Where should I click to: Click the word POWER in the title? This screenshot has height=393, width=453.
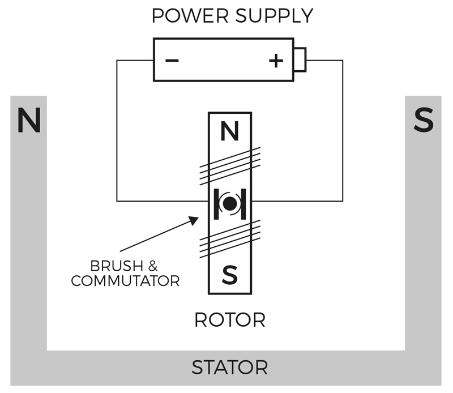pos(187,16)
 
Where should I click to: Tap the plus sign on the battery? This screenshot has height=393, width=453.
pos(275,60)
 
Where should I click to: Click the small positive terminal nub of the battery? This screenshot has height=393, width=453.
pos(300,60)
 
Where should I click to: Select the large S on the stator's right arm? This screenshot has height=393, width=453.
pos(424,120)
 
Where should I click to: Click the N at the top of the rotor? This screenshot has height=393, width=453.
pos(229,133)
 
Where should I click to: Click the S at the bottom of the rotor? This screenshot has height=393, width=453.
pos(229,275)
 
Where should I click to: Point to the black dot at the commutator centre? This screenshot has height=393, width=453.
pos(229,204)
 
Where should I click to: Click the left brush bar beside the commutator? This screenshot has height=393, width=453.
pos(216,204)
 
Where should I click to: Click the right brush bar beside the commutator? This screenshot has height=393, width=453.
pos(243,204)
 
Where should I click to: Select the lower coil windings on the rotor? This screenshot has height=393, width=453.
pos(230,238)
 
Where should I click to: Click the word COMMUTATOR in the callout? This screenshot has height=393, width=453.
pos(125,280)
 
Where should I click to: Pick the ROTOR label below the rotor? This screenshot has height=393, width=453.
pos(229,320)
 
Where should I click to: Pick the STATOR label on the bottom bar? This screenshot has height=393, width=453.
pos(229,368)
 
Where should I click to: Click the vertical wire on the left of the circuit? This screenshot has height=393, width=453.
pos(117,130)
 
